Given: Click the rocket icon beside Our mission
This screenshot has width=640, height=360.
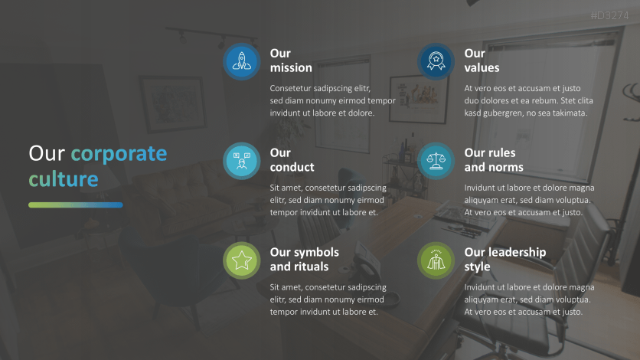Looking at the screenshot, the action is tap(242, 61).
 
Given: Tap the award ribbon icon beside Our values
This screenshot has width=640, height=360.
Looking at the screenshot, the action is tap(436, 61).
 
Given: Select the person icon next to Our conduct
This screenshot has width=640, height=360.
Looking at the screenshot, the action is tap(242, 160).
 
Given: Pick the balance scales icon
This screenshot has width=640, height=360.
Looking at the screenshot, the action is tap(436, 160).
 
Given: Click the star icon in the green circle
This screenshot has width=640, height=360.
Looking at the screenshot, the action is tap(242, 260).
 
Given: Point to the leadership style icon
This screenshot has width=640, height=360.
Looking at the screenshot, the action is tap(436, 260).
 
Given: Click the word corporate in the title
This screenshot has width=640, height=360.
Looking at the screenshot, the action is tap(119, 155).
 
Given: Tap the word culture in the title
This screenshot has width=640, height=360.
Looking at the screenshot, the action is tap(64, 178).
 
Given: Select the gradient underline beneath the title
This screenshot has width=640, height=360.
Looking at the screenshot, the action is tap(76, 205).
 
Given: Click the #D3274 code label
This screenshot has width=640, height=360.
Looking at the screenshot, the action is tap(609, 15).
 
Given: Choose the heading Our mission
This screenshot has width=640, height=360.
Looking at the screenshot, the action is tap(291, 61).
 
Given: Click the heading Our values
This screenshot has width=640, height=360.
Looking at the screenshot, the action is tap(482, 61).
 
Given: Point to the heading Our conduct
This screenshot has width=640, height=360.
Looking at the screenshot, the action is tap(292, 159).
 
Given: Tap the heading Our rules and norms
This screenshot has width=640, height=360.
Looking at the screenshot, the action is tap(494, 159).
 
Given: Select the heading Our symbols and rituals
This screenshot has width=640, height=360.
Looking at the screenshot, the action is tap(304, 259).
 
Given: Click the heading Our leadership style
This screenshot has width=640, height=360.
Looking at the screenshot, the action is tap(505, 259).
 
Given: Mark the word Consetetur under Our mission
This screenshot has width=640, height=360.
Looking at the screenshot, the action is tap(290, 88).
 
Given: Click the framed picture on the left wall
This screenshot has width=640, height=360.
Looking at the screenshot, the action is tap(173, 103).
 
